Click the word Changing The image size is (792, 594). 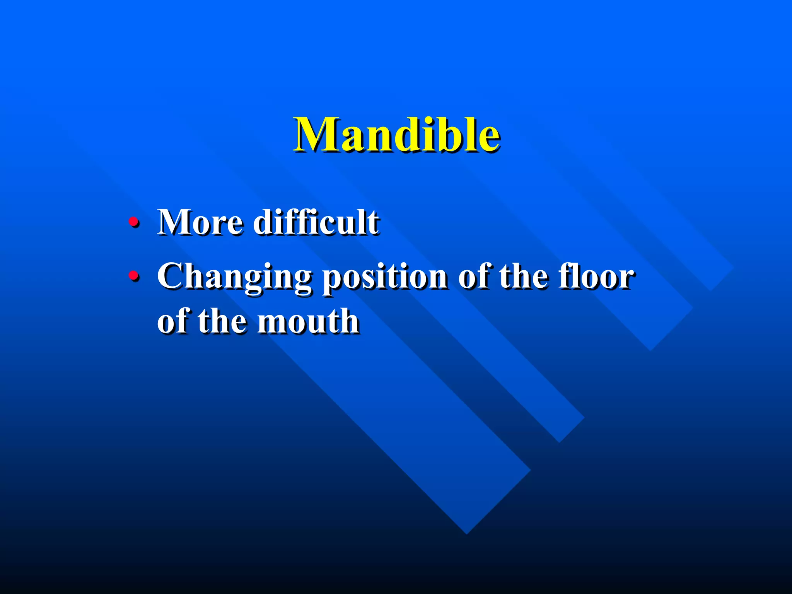[234, 277]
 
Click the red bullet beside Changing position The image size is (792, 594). [133, 276]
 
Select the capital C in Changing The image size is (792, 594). [172, 276]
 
